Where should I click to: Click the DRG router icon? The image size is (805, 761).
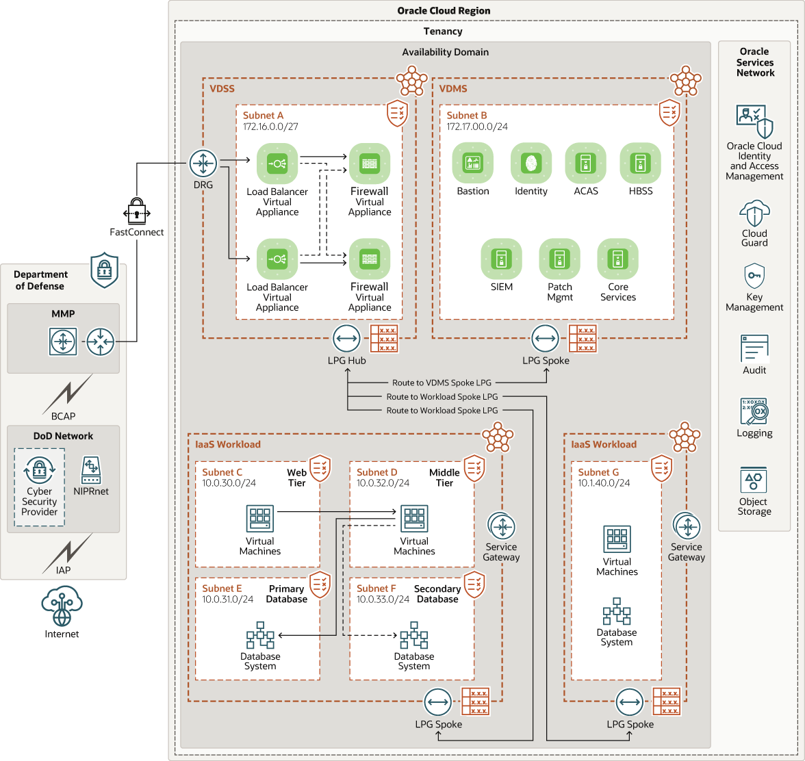point(203,164)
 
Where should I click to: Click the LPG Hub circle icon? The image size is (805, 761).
point(347,339)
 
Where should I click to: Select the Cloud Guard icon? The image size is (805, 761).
point(754,213)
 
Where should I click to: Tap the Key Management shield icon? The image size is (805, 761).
point(754,276)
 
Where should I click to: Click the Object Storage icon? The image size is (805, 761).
point(754,481)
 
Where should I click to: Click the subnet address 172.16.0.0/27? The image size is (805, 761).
point(270,127)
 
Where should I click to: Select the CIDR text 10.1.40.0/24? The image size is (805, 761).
point(604,482)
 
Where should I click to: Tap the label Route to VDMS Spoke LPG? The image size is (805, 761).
point(442,383)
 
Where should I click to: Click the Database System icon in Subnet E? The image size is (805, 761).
point(260,636)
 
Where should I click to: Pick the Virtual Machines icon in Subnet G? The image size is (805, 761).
point(617,539)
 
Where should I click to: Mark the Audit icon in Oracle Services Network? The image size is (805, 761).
point(754,348)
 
